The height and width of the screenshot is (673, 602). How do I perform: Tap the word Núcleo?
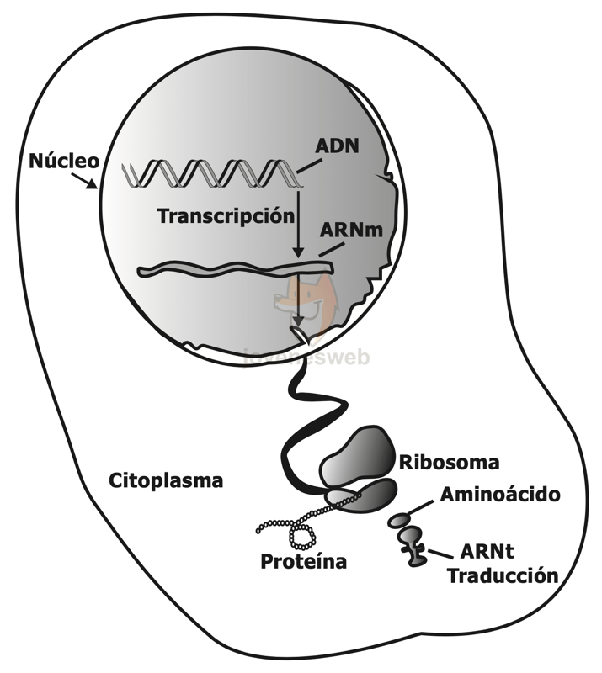coord(64,160)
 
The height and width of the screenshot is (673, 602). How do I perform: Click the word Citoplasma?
coord(166,481)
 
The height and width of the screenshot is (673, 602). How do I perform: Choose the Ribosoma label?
coord(449,463)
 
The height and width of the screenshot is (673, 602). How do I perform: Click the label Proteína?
coord(304,561)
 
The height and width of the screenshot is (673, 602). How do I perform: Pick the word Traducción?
coord(503,576)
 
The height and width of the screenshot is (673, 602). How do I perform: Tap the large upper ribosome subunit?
coord(357,455)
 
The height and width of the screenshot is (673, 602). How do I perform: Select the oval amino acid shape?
coord(398,520)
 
